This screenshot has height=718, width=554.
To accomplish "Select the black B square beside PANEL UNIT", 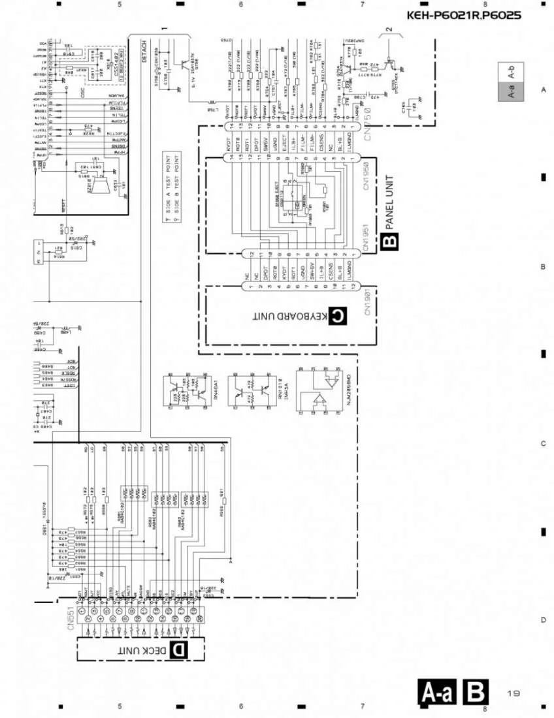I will tap(390, 242).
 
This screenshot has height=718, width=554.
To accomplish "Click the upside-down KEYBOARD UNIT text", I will tap(288, 317).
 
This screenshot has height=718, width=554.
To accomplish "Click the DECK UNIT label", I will tap(142, 650).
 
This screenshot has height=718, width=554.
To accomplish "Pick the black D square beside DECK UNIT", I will tap(178, 650).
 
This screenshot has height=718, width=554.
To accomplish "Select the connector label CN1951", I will tap(367, 239).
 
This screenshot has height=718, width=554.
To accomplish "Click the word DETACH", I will tap(144, 52).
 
